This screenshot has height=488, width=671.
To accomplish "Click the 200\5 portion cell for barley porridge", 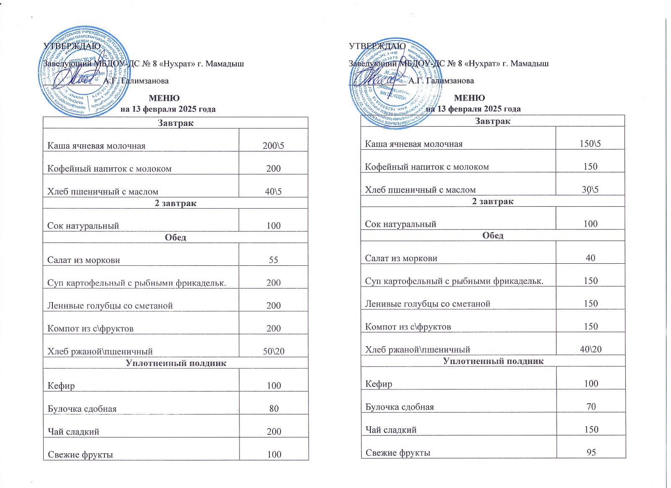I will (273, 146).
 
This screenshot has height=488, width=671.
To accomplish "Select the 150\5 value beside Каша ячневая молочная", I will (590, 144).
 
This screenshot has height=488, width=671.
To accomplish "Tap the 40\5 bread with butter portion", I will (273, 192).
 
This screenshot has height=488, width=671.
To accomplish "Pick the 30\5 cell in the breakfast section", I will (590, 189).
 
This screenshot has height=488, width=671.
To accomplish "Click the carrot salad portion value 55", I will (273, 260).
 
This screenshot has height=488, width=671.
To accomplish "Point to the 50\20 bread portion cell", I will (273, 351).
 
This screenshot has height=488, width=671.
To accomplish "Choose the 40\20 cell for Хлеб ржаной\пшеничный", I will (590, 349).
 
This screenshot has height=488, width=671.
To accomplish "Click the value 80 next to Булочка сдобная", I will (274, 408).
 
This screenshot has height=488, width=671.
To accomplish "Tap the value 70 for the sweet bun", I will (591, 406).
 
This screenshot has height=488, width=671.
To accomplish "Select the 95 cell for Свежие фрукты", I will (591, 452).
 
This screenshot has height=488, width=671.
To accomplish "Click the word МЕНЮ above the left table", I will (164, 98).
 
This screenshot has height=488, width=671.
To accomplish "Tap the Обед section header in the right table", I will (493, 235).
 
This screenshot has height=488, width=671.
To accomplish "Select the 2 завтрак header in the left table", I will (176, 203).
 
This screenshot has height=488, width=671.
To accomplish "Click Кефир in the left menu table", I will (61, 386).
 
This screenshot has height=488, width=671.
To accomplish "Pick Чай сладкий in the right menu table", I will (391, 430).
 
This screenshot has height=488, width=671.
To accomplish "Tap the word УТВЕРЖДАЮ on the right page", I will (377, 46).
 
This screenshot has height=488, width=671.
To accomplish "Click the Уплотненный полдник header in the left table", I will (176, 363).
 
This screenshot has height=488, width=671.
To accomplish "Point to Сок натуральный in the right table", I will (401, 224).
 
